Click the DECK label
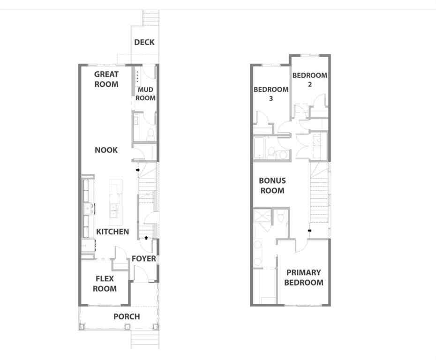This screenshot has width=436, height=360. pyautogui.click(x=144, y=42)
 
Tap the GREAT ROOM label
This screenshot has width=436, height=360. pyautogui.click(x=106, y=79)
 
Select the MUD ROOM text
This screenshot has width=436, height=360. pyautogui.click(x=145, y=94)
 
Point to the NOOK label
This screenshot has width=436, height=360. pyautogui.click(x=106, y=150)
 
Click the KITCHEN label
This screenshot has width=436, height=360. pyautogui.click(x=113, y=232)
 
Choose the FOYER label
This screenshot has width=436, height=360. pyautogui.click(x=143, y=259)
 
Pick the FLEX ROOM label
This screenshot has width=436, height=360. pyautogui.click(x=105, y=284)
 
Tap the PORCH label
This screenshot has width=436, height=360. pyautogui.click(x=127, y=316)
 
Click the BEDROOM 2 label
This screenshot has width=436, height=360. pyautogui.click(x=309, y=80)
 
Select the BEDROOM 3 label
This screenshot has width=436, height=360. pyautogui.click(x=271, y=94)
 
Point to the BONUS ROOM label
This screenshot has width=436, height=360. pyautogui.click(x=272, y=186)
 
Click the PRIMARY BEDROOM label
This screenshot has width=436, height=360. pyautogui.click(x=303, y=277)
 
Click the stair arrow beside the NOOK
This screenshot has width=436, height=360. pyautogui.click(x=138, y=170)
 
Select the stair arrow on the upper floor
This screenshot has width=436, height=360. pyautogui.click(x=309, y=230)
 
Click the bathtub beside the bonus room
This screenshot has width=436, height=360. pyautogui.click(x=259, y=148)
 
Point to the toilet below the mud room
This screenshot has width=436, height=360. pyautogui.click(x=150, y=134)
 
